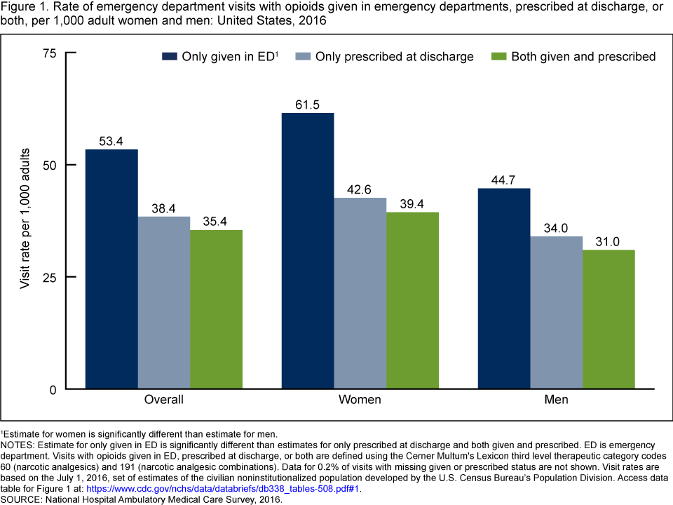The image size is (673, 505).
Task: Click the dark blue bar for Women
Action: pyautogui.click(x=308, y=251)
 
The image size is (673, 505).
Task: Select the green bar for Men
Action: pyautogui.click(x=609, y=319)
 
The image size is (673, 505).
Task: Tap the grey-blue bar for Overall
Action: pyautogui.click(x=163, y=302)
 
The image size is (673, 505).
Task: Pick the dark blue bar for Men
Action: pyautogui.click(x=504, y=288)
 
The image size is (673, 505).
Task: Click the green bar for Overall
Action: pyautogui.click(x=216, y=309)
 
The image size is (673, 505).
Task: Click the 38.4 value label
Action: pyautogui.click(x=163, y=209)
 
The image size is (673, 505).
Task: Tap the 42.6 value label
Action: pyautogui.click(x=360, y=190)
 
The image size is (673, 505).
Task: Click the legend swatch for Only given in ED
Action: pyautogui.click(x=170, y=56)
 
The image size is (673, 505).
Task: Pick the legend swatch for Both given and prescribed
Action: pyautogui.click(x=498, y=56)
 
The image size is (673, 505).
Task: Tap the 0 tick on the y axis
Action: pyautogui.click(x=53, y=389)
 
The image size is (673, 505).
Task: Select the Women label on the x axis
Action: pyautogui.click(x=360, y=400)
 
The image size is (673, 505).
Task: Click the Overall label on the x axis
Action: pyautogui.click(x=163, y=400)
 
